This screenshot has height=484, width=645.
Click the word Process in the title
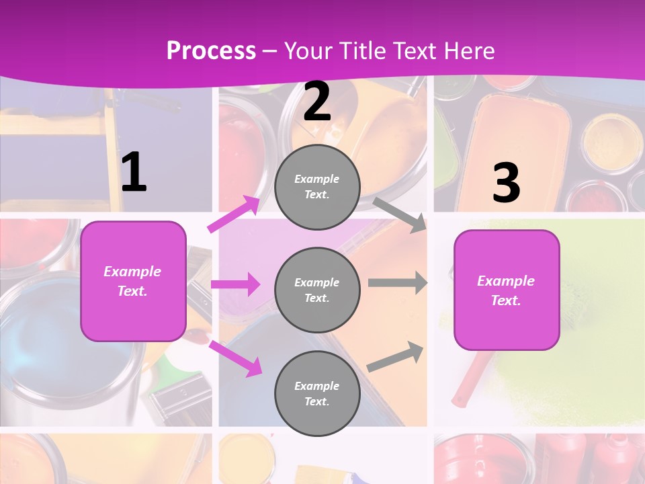211,50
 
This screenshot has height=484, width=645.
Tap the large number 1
134,173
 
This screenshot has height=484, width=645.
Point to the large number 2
317,102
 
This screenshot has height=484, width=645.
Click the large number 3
506,184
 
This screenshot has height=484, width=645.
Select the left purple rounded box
133,281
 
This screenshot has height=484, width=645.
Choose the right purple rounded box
507,290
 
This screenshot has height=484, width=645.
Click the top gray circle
317,187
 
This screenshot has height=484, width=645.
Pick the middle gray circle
317,290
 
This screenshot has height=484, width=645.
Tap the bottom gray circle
317,394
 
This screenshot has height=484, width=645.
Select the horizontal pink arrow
235,284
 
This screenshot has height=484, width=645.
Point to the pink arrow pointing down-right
235,358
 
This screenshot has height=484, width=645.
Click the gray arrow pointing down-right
399,214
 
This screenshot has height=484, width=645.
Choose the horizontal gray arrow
397,283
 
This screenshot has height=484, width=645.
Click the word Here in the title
470,50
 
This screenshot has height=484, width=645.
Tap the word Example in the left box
132,272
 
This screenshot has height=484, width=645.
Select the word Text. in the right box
506,300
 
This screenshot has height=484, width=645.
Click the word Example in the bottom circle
316,386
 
